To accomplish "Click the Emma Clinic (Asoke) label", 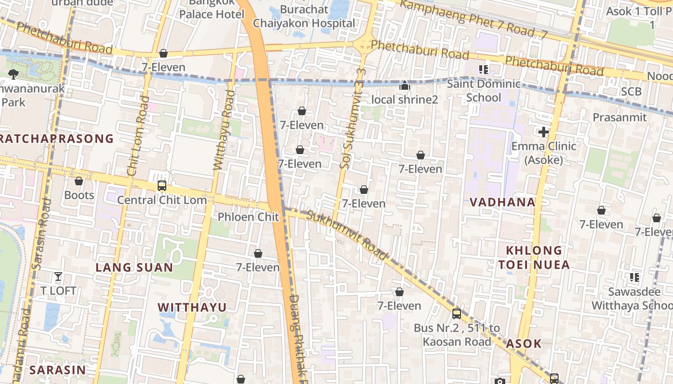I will [544, 153].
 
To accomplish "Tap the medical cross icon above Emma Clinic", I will [544, 132].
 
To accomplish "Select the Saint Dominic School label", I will [484, 91].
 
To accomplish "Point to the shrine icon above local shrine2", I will [405, 86].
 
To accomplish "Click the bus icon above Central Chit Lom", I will [162, 186].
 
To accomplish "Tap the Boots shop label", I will [79, 195].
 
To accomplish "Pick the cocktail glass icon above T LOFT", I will [58, 276].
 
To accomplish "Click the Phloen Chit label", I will [248, 217].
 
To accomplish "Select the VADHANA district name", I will [502, 202].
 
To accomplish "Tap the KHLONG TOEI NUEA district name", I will [534, 257].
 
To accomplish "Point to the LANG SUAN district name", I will [134, 267].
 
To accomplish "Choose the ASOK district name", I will [523, 343].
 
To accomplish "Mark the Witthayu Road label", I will [224, 130].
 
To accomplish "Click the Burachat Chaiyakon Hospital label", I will [304, 16].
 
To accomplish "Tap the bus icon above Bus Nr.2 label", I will [456, 314].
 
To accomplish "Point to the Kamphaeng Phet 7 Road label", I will [474, 19].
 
